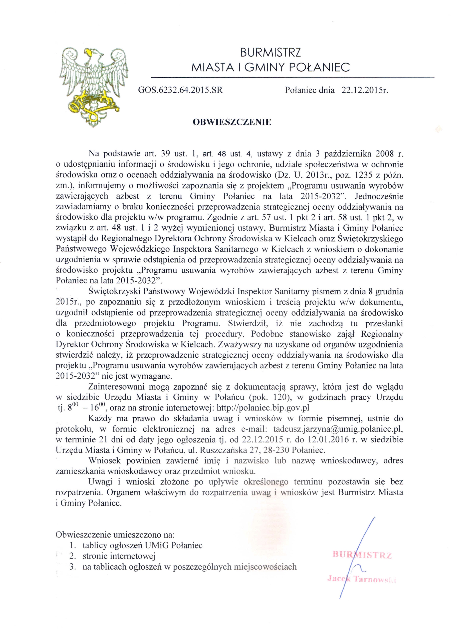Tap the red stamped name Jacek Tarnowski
pyautogui.click(x=362, y=579)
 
